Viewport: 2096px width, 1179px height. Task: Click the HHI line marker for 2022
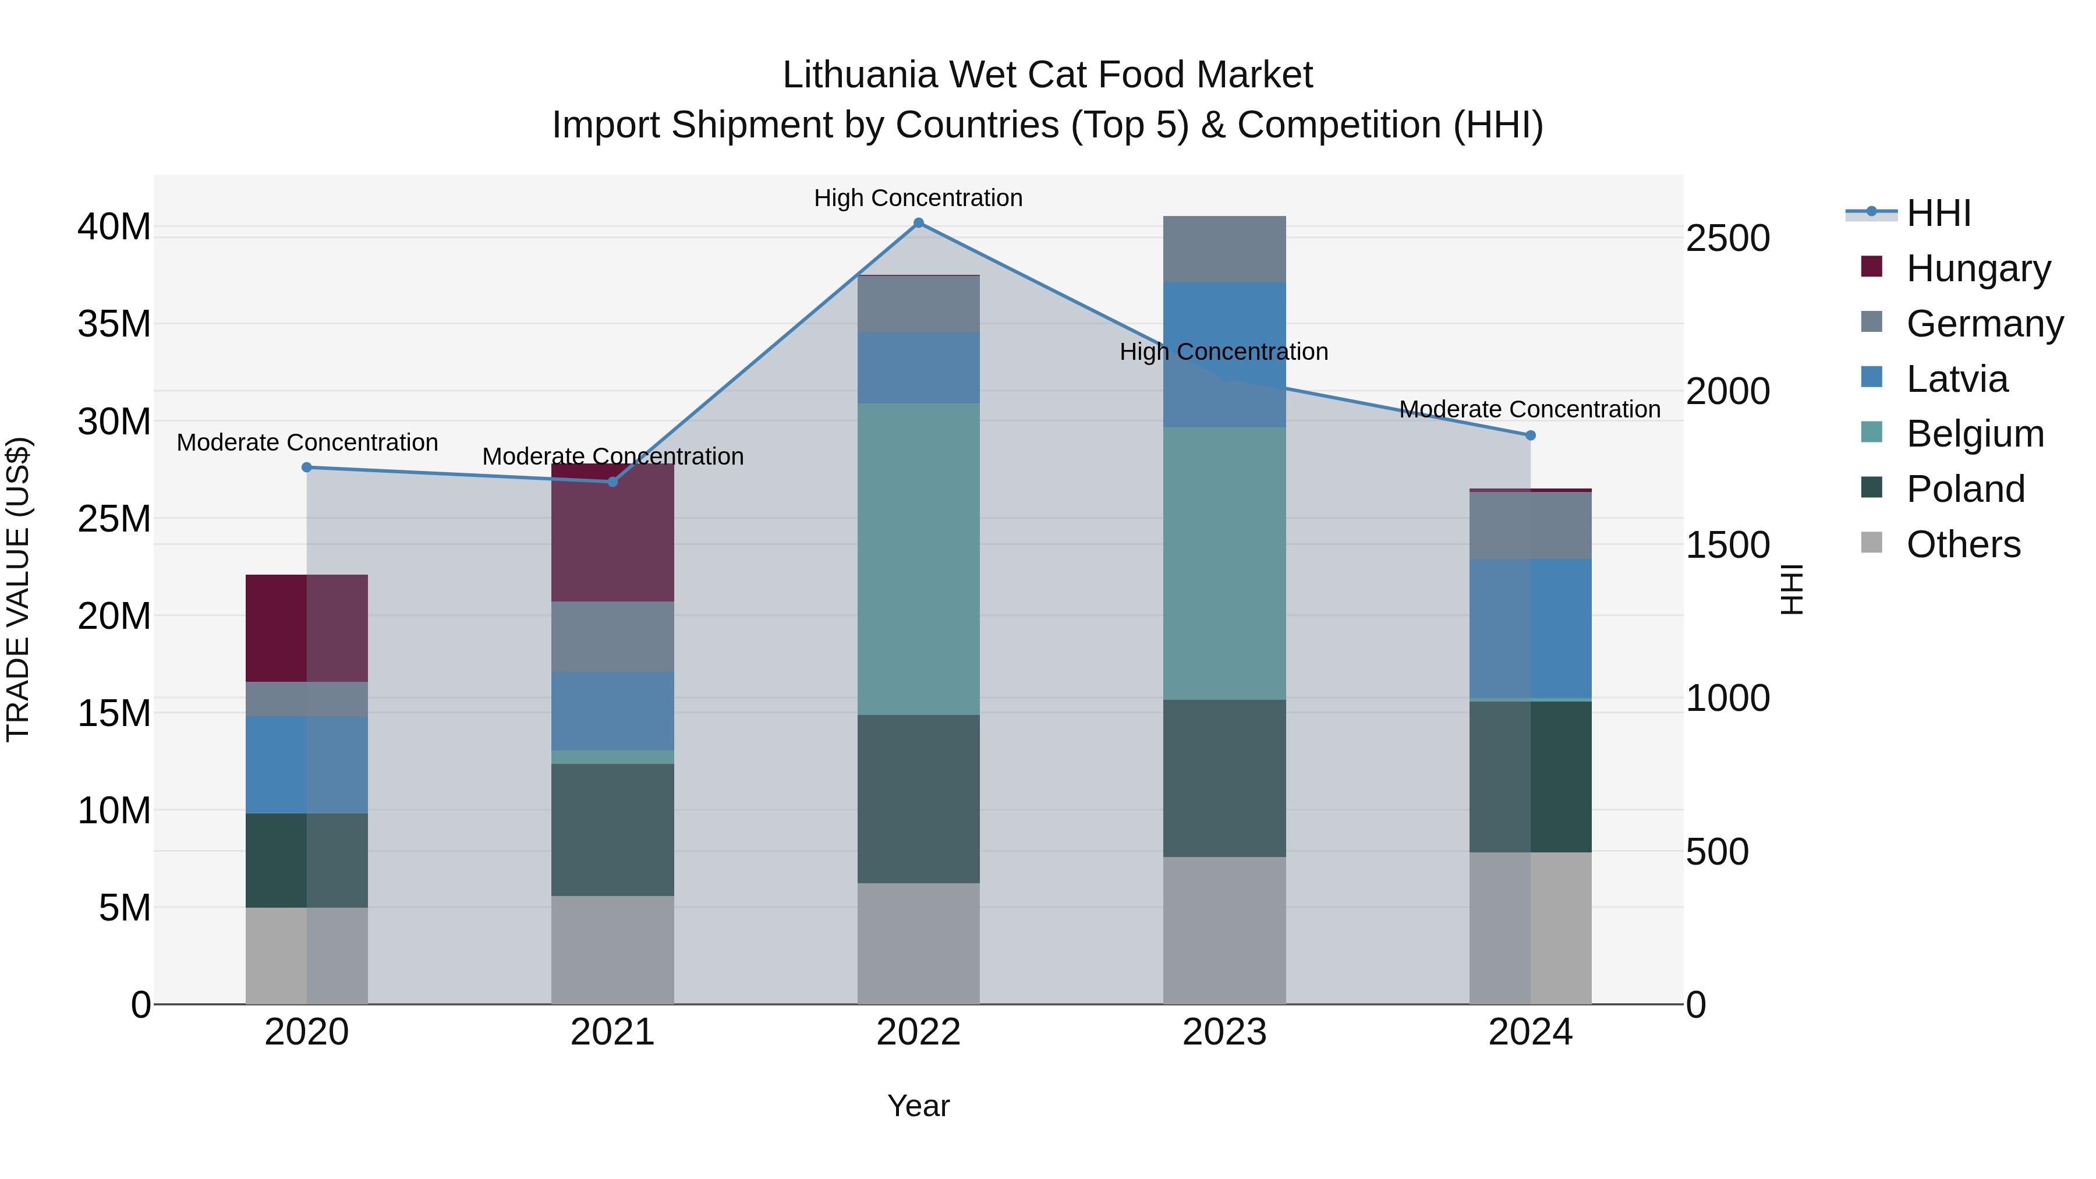pyautogui.click(x=919, y=223)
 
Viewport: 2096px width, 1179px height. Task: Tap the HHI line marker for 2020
pyautogui.click(x=307, y=467)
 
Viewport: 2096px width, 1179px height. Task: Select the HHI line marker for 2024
pyautogui.click(x=1531, y=436)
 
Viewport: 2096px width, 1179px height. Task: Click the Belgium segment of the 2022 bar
pyautogui.click(x=919, y=559)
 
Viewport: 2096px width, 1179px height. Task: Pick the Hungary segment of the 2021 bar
pyautogui.click(x=612, y=533)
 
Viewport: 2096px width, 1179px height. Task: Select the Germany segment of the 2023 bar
pyautogui.click(x=1224, y=249)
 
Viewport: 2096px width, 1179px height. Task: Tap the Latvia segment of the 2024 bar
pyautogui.click(x=1531, y=628)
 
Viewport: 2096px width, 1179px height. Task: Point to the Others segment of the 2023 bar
pyautogui.click(x=1224, y=930)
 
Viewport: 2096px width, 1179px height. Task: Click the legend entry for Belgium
pyautogui.click(x=1975, y=434)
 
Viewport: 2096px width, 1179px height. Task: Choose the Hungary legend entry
pyautogui.click(x=1978, y=268)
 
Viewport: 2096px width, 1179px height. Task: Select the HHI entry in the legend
pyautogui.click(x=1938, y=213)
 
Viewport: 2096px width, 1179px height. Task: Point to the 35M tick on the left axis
pyautogui.click(x=114, y=324)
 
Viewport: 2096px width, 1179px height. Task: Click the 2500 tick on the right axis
pyautogui.click(x=1727, y=238)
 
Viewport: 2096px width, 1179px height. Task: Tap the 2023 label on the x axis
pyautogui.click(x=1224, y=1032)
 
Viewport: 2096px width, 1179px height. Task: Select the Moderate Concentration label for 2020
pyautogui.click(x=307, y=442)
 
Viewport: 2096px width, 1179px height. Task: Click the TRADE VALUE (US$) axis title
pyautogui.click(x=19, y=589)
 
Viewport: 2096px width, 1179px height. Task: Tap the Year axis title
pyautogui.click(x=919, y=1106)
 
